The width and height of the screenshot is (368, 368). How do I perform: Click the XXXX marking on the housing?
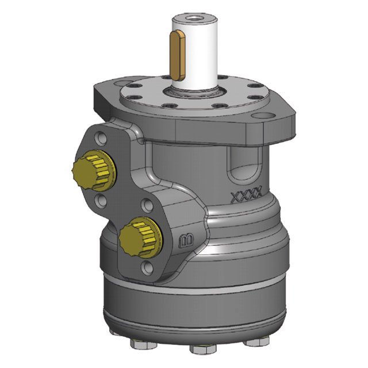click(x=246, y=197)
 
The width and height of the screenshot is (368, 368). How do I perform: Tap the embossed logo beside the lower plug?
click(x=186, y=240)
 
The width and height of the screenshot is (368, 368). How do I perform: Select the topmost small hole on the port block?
click(x=101, y=138)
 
